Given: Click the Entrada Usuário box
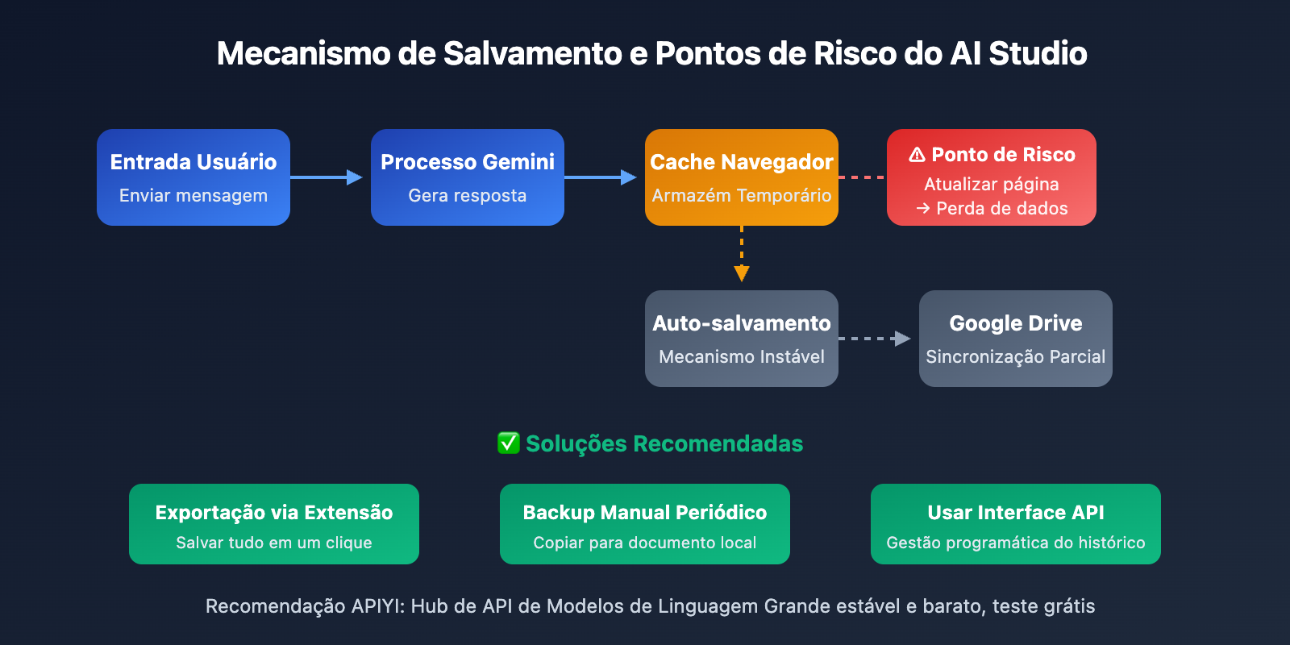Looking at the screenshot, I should [x=193, y=177].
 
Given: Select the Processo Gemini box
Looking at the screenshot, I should [x=468, y=177].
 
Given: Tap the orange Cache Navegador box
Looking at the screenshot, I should [x=742, y=177].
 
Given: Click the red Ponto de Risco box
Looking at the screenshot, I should [x=992, y=177].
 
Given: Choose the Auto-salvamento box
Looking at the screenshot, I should [x=742, y=339].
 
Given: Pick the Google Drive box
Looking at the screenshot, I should [x=1016, y=339].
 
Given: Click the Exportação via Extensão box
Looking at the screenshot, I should [x=274, y=524].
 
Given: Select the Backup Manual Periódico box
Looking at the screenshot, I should [x=645, y=524].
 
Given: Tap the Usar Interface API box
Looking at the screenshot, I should [x=1016, y=524].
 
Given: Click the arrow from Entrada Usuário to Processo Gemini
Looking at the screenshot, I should [x=326, y=177].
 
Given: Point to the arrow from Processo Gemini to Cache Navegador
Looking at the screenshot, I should [x=600, y=177].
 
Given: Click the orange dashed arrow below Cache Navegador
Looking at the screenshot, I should [x=742, y=253].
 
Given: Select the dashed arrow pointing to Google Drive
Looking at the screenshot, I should [x=874, y=339].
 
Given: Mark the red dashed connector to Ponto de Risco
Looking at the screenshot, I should [x=862, y=177].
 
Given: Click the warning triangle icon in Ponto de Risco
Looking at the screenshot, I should [x=917, y=155].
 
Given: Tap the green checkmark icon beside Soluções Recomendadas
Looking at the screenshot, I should [x=508, y=443].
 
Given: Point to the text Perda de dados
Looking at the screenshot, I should [x=1001, y=209].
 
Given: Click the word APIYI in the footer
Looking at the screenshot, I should [x=377, y=606].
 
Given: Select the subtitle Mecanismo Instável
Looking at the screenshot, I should [x=742, y=357].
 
